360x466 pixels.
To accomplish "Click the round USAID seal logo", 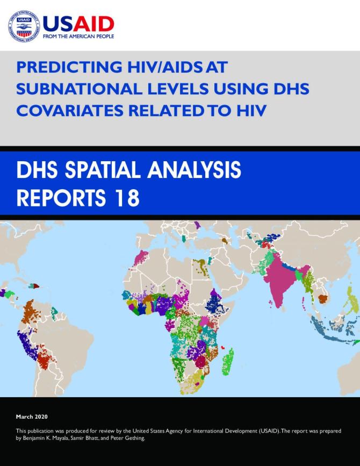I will click(23, 26).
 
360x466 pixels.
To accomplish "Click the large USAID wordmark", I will click(78, 24).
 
